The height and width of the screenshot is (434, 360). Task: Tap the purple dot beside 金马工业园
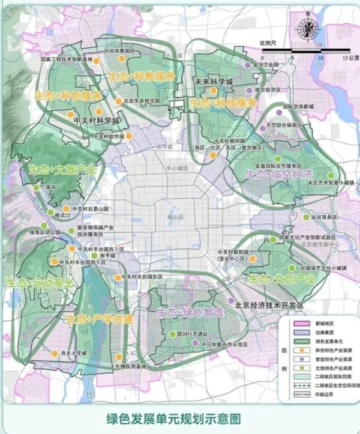247,64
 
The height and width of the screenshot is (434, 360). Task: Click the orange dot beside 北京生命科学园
119,101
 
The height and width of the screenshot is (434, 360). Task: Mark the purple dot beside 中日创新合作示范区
196,343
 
